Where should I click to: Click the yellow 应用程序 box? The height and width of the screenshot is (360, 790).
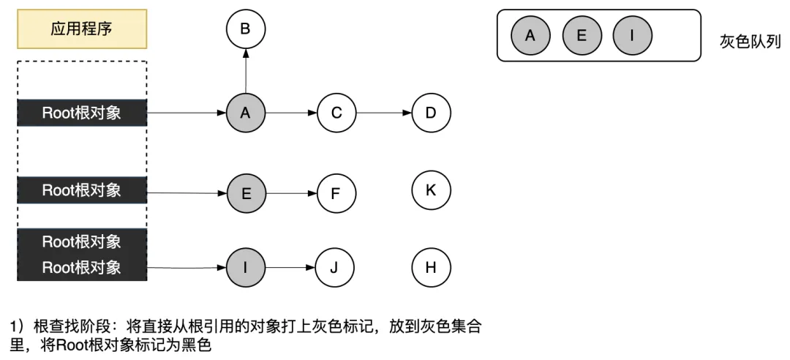point(82,29)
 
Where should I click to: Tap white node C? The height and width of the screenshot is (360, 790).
point(336,113)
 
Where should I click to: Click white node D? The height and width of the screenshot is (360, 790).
point(431,113)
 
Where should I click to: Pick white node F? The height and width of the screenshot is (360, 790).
point(336,194)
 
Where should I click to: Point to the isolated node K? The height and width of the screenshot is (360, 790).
point(431,190)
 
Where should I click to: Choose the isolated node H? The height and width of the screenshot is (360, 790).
point(431,267)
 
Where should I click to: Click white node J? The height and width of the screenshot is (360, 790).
point(334,267)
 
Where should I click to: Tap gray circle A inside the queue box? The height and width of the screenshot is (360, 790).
point(530,36)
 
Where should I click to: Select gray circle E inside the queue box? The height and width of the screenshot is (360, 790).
point(582,36)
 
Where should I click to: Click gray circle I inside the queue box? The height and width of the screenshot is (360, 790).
point(632,36)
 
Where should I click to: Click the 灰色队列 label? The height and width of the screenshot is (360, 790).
point(750,42)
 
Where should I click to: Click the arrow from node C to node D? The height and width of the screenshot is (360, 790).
point(383,113)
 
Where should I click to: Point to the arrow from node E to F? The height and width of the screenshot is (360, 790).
point(290,194)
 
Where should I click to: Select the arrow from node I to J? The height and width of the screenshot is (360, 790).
point(290,267)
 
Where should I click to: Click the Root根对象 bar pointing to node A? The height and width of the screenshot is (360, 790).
point(82,113)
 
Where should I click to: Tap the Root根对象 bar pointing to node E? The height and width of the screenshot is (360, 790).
point(82,190)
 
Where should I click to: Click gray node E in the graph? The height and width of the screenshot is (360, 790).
point(245,194)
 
